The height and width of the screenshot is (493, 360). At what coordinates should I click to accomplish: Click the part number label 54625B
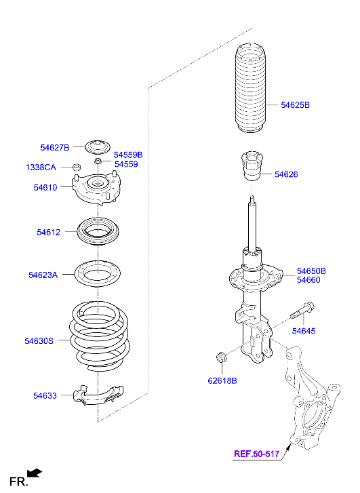click(295, 105)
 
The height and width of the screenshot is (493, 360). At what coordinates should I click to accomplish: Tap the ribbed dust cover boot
click(251, 89)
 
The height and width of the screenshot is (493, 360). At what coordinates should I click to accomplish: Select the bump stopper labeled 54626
click(252, 166)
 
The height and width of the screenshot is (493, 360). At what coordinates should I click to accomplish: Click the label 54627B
click(55, 147)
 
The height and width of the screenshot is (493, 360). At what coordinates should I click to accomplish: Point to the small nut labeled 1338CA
click(76, 167)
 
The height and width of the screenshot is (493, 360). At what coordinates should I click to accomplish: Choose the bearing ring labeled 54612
click(98, 231)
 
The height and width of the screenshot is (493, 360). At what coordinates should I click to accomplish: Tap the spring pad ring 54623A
click(98, 273)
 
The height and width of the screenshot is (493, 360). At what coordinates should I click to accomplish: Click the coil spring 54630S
click(100, 336)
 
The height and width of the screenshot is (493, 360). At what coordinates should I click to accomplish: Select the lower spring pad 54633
click(98, 395)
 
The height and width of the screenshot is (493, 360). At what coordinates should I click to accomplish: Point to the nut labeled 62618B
click(221, 357)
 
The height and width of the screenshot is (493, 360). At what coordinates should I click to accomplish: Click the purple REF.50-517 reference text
click(256, 454)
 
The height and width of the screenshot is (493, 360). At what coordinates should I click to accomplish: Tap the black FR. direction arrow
click(35, 473)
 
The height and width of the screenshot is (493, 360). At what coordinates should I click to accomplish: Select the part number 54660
click(308, 280)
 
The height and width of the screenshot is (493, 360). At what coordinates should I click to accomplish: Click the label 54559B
click(128, 155)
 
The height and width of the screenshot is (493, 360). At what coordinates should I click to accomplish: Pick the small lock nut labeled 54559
click(98, 161)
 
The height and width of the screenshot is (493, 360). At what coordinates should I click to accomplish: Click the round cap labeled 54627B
click(98, 147)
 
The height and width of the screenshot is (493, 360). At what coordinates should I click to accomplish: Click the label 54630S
click(39, 341)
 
